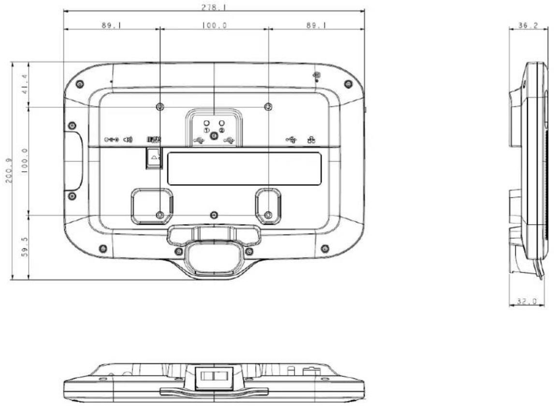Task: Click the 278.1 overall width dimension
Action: [x=214, y=7]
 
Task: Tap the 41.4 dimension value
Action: [x=25, y=84]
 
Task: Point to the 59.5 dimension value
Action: [x=25, y=247]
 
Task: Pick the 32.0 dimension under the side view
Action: [x=527, y=302]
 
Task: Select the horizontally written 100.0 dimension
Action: [x=215, y=26]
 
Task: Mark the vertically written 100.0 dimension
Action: [x=25, y=160]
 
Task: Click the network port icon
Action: [x=311, y=140]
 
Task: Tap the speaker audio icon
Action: [x=128, y=140]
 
